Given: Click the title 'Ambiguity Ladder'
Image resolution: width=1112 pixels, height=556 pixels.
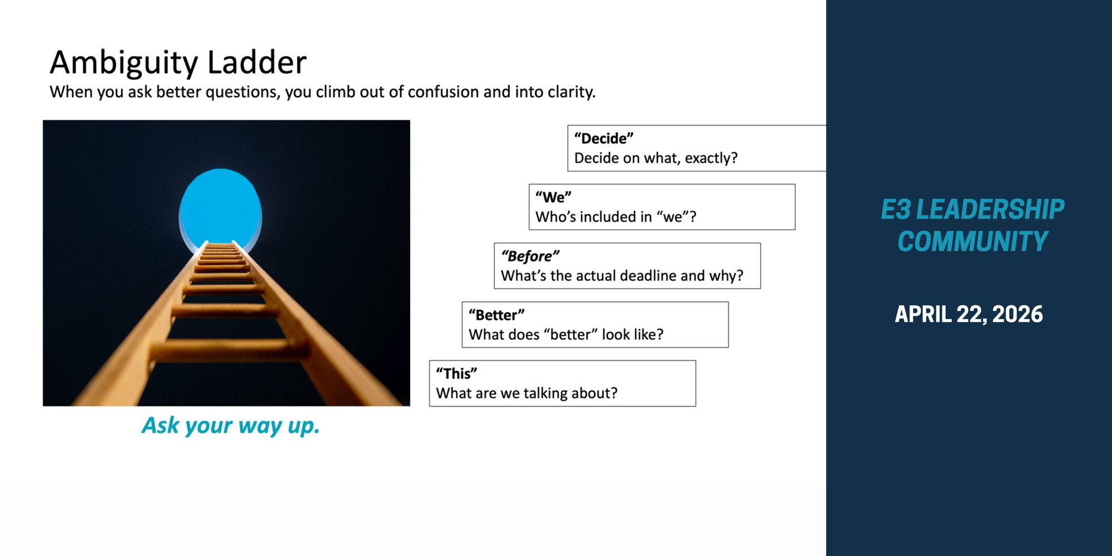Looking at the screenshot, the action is [x=178, y=62].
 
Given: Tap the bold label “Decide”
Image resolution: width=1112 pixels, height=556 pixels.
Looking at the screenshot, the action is [x=604, y=138].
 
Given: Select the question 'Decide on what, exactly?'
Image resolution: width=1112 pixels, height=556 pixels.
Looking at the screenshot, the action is [x=656, y=158].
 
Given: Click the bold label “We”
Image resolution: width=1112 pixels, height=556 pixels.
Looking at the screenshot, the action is [x=553, y=197].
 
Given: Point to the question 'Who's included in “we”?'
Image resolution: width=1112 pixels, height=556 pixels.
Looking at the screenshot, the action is [x=616, y=217].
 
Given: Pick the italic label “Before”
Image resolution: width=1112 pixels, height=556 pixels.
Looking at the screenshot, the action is [x=530, y=256].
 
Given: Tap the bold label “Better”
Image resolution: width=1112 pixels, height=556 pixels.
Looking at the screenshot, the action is [x=497, y=315].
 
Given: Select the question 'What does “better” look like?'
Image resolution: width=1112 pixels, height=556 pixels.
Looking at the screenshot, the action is [x=566, y=335].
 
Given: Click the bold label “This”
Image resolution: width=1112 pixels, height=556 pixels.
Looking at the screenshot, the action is [x=456, y=374].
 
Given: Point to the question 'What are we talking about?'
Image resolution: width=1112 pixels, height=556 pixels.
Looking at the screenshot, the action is [x=527, y=393].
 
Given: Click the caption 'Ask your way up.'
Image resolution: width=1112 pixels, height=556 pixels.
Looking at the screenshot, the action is [x=231, y=426].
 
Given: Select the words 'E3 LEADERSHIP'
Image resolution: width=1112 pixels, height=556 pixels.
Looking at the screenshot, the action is [x=972, y=210].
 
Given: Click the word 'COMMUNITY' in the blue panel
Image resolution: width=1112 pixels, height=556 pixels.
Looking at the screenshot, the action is [x=972, y=241].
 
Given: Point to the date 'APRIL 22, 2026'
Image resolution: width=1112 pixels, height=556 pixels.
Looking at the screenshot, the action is [x=969, y=314].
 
